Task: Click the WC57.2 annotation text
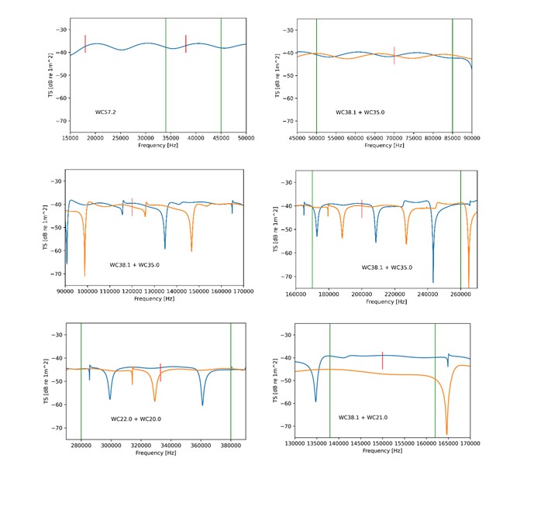105,112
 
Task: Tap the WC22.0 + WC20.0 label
136,419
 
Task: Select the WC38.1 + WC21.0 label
363,418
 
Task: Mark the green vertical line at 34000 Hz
165,77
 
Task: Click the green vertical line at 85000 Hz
453,77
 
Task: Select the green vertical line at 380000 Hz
231,380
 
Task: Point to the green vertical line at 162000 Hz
435,380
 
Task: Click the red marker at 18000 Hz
85,43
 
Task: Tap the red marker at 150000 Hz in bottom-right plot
382,360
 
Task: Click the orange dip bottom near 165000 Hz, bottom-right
446,434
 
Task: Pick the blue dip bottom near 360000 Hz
202,405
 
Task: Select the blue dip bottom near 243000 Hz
433,281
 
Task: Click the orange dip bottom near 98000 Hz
84,275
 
